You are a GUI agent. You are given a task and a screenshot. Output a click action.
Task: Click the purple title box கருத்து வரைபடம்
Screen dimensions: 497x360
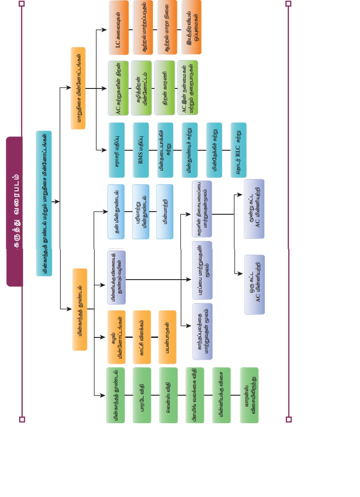pyautogui.click(x=14, y=211)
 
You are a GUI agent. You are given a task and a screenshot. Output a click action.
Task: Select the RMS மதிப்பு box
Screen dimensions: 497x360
pyautogui.click(x=140, y=150)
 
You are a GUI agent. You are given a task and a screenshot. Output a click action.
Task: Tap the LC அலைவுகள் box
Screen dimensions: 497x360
pyautogui.click(x=118, y=28)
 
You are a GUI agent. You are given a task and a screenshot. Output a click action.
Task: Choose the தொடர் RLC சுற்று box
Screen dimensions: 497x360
pyautogui.click(x=238, y=150)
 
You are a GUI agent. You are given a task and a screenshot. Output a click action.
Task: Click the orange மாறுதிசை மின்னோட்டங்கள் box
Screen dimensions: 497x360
pyautogui.click(x=78, y=88)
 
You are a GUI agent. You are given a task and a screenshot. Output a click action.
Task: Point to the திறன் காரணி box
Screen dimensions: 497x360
pyautogui.click(x=164, y=88)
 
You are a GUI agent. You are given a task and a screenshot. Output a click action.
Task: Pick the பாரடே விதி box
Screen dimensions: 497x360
pyautogui.click(x=142, y=395)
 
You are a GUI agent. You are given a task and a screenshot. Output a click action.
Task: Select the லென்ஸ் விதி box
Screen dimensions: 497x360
pyautogui.click(x=168, y=395)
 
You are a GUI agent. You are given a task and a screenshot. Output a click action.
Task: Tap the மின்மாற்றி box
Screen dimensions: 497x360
pyautogui.click(x=164, y=212)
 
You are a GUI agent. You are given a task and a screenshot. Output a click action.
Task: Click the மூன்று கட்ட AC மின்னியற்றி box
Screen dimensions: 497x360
pyautogui.click(x=254, y=208)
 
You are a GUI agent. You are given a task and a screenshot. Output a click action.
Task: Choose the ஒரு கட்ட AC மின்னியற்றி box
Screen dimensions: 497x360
pyautogui.click(x=254, y=285)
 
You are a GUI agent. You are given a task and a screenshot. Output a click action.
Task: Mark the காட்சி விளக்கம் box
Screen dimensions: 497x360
pyautogui.click(x=142, y=337)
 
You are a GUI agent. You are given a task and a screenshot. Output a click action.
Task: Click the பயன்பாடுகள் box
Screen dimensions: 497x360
pyautogui.click(x=167, y=337)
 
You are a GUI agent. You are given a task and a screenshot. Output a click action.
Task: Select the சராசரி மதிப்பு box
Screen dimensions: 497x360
pyautogui.click(x=116, y=150)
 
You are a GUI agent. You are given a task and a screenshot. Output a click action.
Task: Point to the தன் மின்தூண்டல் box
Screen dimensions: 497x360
pyautogui.click(x=116, y=212)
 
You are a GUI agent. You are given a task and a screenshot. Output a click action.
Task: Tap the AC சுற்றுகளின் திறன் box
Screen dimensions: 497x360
pyautogui.click(x=118, y=88)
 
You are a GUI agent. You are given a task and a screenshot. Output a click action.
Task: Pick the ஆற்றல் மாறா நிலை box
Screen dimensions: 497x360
pyautogui.click(x=167, y=28)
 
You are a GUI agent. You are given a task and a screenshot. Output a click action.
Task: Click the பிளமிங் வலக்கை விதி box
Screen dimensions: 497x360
pyautogui.click(x=195, y=395)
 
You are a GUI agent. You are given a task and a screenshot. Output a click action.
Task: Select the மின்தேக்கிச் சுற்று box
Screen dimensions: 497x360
pyautogui.click(x=214, y=150)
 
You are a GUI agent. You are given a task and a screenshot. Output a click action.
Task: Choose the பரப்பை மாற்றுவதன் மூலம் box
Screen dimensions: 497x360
pyautogui.click(x=202, y=270)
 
